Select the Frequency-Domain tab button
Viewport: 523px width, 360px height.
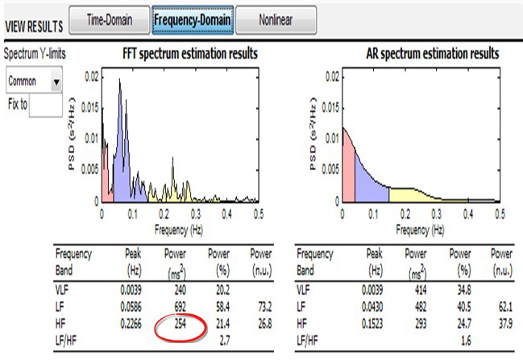pos(193,20)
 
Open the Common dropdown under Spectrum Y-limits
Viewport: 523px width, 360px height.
pos(35,81)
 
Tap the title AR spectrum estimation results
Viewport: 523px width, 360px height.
pos(427,54)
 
